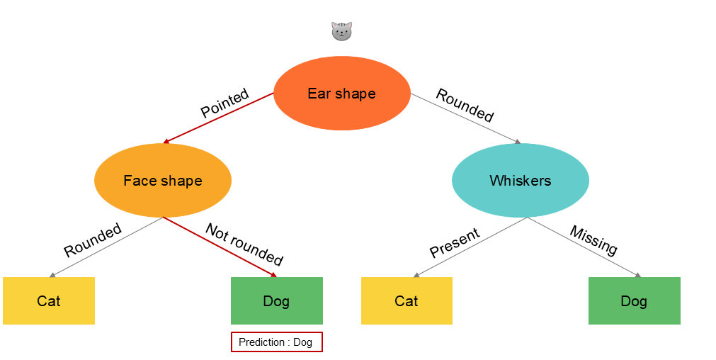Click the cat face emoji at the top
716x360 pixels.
[341, 31]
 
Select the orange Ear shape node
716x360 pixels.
[341, 94]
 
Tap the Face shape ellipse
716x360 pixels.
[163, 181]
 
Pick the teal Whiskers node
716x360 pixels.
[520, 181]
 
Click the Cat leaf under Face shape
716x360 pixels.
[49, 301]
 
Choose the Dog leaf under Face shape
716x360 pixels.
[276, 301]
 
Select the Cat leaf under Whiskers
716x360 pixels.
[407, 301]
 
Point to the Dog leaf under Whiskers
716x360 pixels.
[634, 301]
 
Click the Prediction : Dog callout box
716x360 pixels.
[276, 342]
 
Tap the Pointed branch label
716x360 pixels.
[225, 103]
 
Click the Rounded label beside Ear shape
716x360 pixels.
[465, 105]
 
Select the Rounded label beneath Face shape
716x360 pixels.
[93, 240]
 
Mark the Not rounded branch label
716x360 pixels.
[244, 244]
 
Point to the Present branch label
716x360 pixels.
[455, 243]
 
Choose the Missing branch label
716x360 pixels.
[593, 240]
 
